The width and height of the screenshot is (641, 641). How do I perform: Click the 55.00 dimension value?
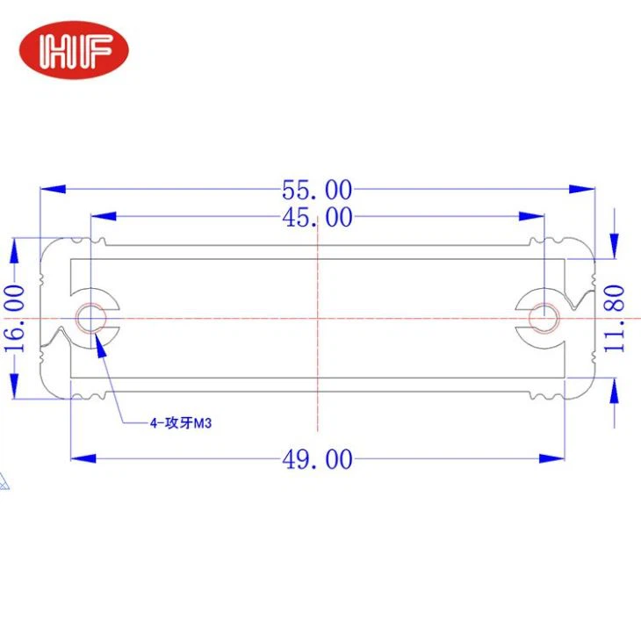point(317,190)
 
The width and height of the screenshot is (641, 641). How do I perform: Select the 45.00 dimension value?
point(317,217)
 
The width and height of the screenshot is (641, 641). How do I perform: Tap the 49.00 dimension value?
point(317,458)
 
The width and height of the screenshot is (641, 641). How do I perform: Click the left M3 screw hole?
point(90,317)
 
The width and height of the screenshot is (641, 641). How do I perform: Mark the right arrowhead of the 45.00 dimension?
point(532,217)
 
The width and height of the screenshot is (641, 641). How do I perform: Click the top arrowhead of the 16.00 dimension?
point(14,250)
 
